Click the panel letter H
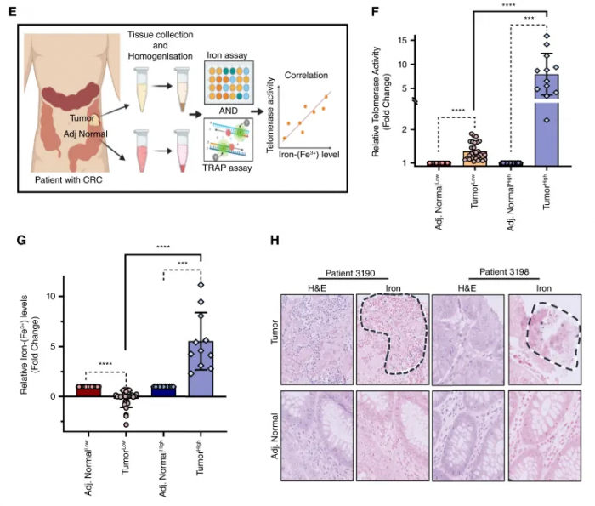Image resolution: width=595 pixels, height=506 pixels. point(275,242)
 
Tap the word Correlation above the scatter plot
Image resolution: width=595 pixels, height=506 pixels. point(306,75)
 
